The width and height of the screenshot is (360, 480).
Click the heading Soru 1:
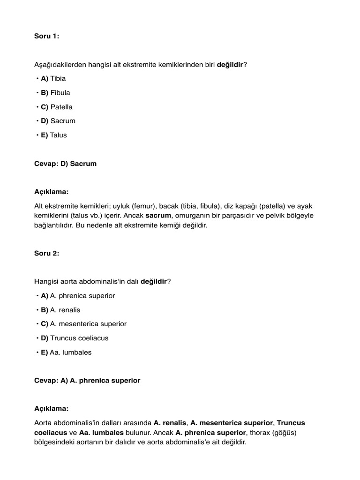47,36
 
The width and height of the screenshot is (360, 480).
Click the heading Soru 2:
47,253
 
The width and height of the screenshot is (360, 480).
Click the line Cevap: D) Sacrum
65,164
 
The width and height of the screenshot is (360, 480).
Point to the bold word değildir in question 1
230,64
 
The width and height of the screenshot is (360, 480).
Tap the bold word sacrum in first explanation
159,216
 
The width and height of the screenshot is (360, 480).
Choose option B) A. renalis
60,310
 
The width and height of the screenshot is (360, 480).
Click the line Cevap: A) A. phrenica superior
87,381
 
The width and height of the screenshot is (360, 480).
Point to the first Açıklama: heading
52,192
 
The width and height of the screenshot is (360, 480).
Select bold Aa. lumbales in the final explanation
102,433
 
